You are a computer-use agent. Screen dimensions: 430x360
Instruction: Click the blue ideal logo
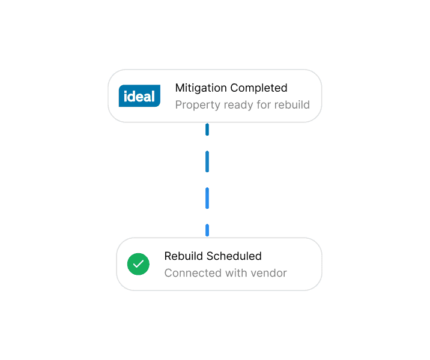pyautogui.click(x=139, y=95)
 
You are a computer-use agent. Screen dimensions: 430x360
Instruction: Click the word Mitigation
pyautogui.click(x=201, y=88)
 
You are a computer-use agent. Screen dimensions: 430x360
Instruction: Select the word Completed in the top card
pyautogui.click(x=259, y=88)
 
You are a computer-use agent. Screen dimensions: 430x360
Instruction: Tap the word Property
pyautogui.click(x=198, y=105)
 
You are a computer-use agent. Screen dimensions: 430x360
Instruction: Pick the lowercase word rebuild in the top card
pyautogui.click(x=292, y=104)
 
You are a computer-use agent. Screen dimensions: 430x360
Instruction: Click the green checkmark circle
pyautogui.click(x=138, y=264)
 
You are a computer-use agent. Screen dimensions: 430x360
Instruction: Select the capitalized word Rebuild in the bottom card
pyautogui.click(x=183, y=256)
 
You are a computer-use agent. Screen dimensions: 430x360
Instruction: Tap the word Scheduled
pyautogui.click(x=234, y=256)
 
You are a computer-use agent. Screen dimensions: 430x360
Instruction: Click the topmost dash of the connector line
pyautogui.click(x=207, y=130)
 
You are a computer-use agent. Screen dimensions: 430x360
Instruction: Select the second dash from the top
pyautogui.click(x=207, y=161)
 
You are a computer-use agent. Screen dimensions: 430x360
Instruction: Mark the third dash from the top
pyautogui.click(x=207, y=198)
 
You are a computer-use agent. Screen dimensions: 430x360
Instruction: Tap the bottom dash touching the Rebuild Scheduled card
pyautogui.click(x=207, y=230)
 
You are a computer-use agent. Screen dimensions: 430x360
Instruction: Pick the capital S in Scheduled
pyautogui.click(x=210, y=256)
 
